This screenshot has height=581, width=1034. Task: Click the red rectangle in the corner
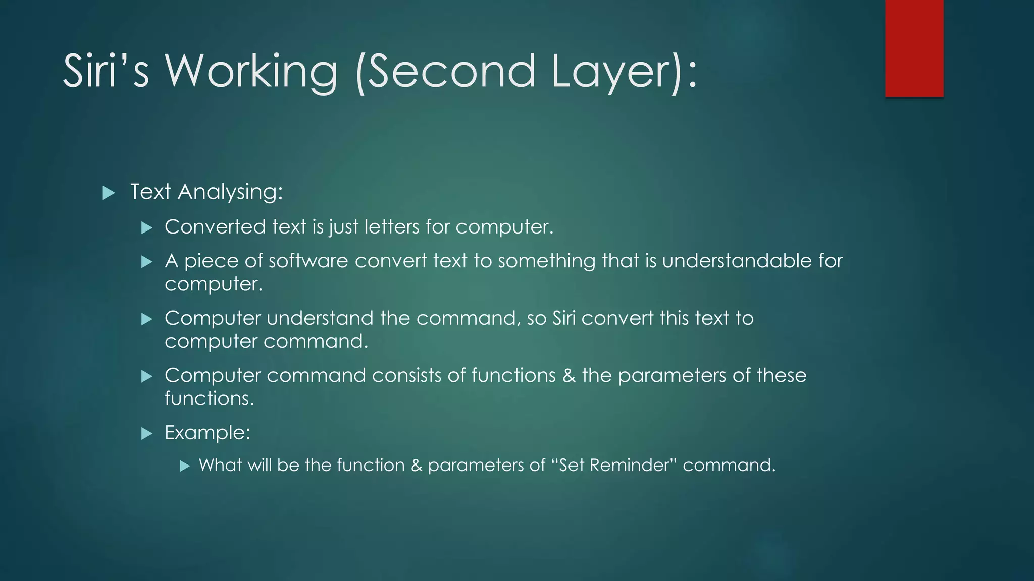click(x=914, y=48)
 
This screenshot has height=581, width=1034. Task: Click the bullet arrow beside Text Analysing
click(x=109, y=193)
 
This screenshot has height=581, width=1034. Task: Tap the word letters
click(x=392, y=227)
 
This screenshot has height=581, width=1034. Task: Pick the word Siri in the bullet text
click(x=563, y=318)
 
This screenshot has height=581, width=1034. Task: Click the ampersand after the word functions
click(x=568, y=376)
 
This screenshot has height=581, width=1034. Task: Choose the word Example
click(x=207, y=433)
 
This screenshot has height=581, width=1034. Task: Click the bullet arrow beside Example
click(x=147, y=433)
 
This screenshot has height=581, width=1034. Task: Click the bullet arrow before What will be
click(x=185, y=466)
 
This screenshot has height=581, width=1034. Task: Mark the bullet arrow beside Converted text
click(x=147, y=228)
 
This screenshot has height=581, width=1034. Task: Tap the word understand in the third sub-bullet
click(x=320, y=318)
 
